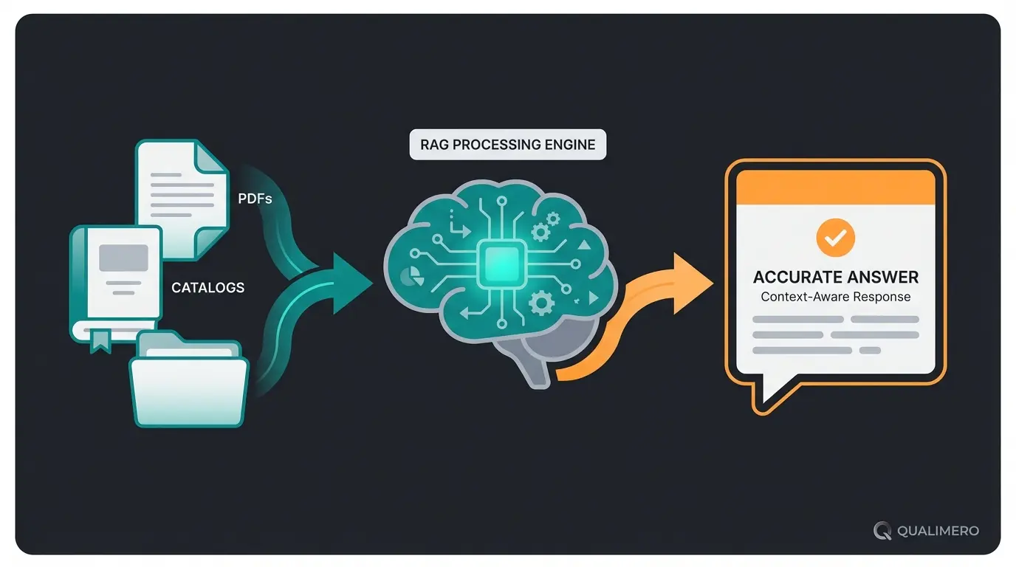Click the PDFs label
point(255,198)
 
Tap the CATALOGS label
point(207,287)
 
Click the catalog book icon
point(116,281)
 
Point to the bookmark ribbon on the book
point(100,340)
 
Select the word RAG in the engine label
point(435,145)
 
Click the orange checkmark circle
point(835,238)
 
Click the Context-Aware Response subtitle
point(835,298)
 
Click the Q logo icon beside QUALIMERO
point(882,531)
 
